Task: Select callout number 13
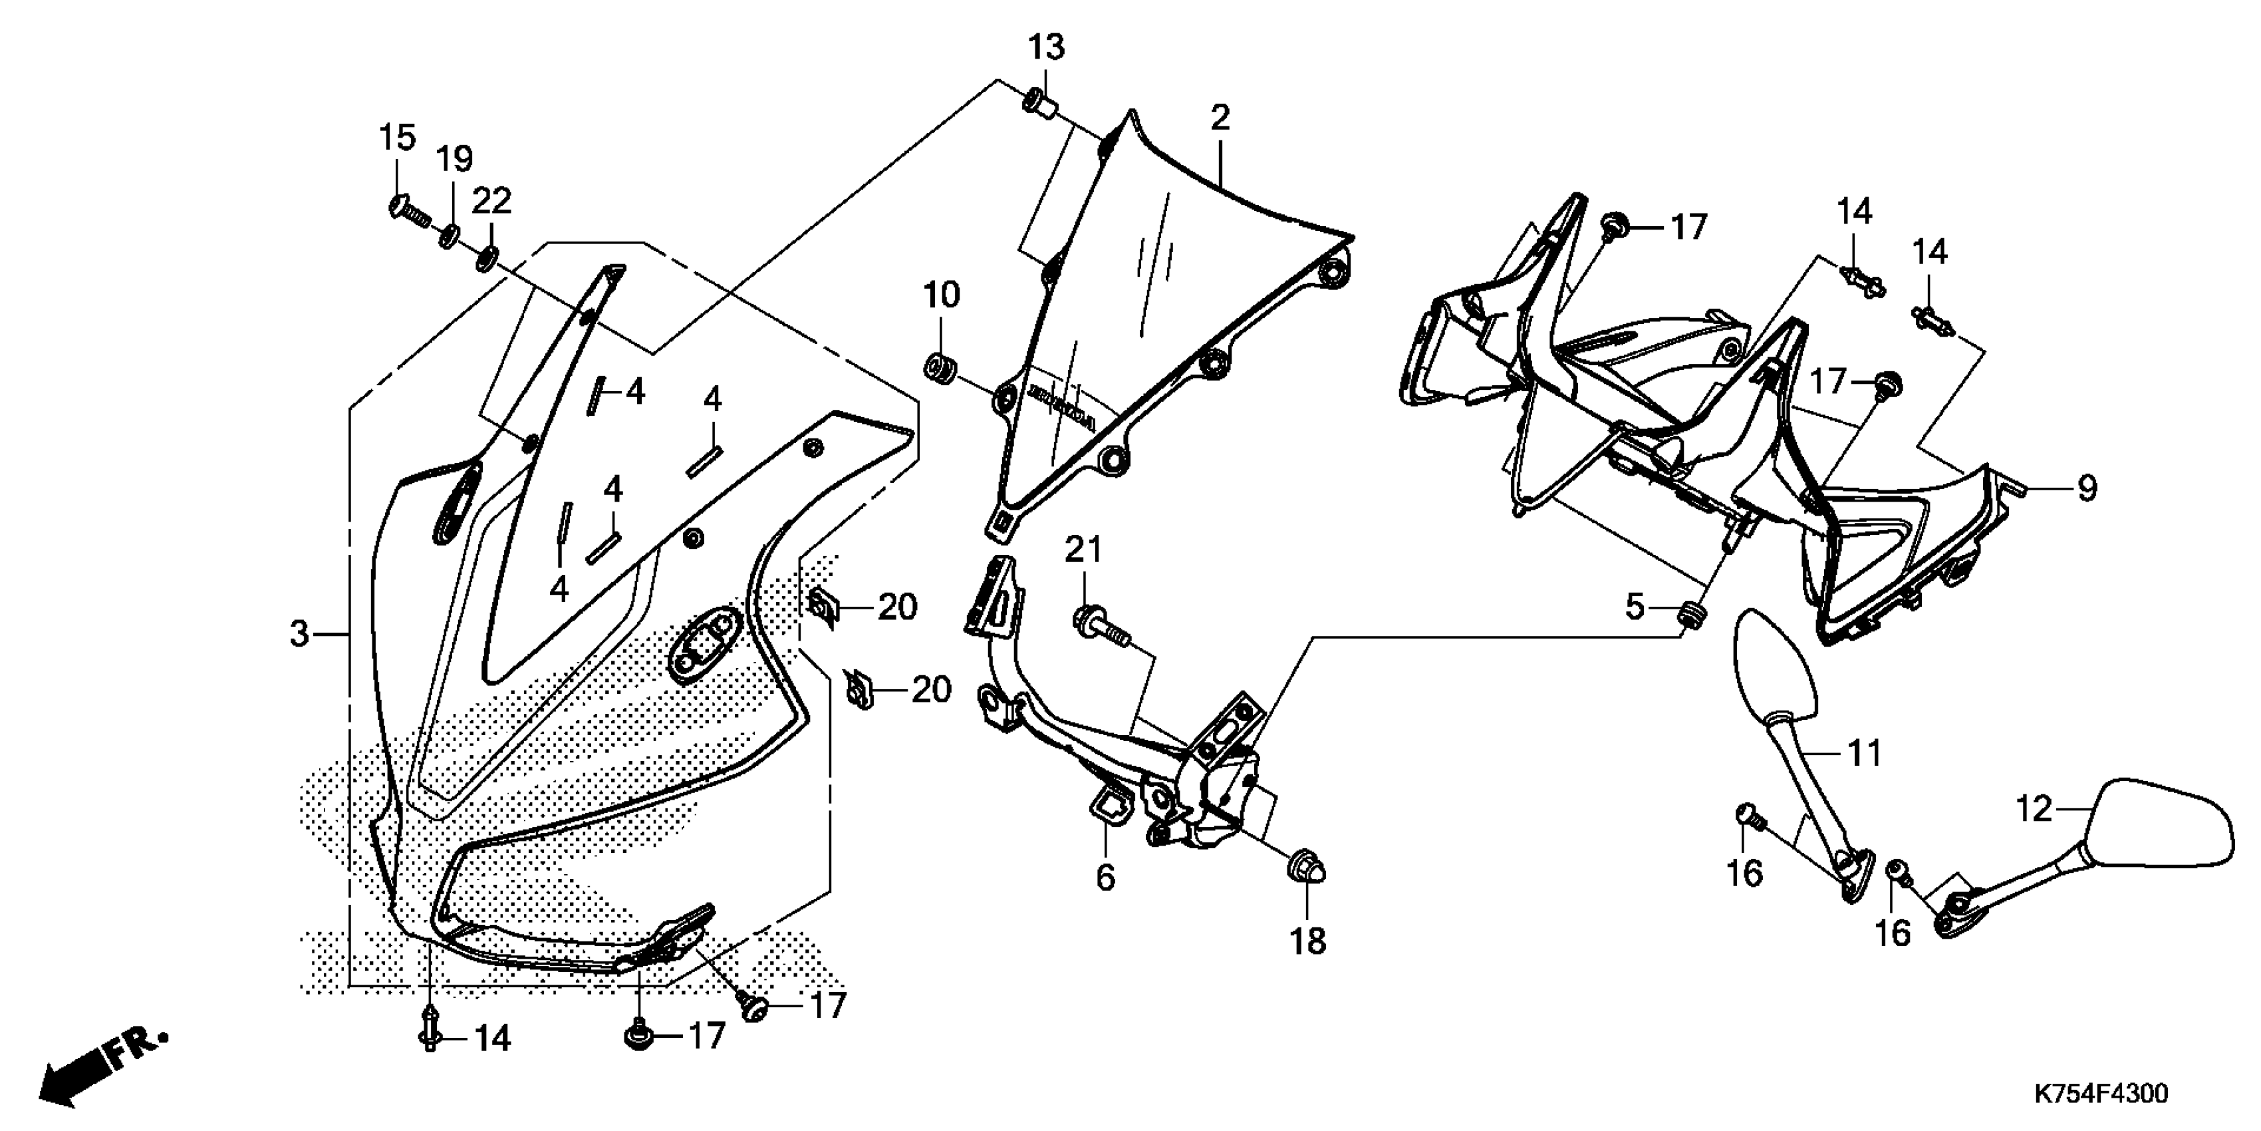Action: click(1046, 47)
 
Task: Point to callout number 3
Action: click(300, 633)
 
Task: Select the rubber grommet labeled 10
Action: click(940, 365)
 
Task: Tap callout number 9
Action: click(2086, 488)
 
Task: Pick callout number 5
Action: click(1633, 606)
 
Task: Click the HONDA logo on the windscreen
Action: click(1063, 406)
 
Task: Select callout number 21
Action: click(1084, 551)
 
